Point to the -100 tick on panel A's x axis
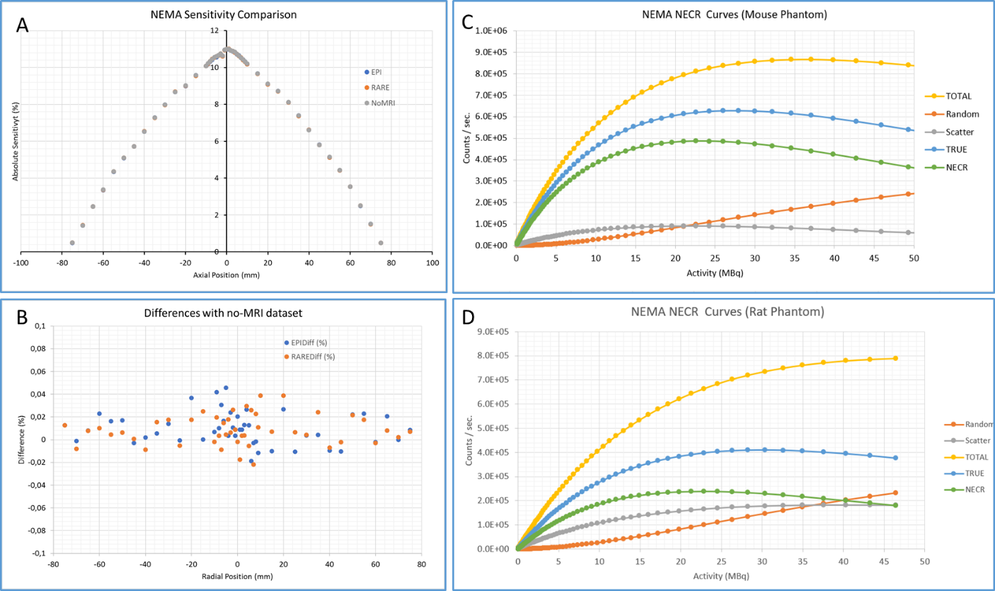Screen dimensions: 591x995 pos(21,263)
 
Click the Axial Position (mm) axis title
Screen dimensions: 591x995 pos(226,275)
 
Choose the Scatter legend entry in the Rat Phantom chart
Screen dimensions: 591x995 pos(974,441)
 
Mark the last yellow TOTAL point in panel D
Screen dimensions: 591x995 pos(895,358)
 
